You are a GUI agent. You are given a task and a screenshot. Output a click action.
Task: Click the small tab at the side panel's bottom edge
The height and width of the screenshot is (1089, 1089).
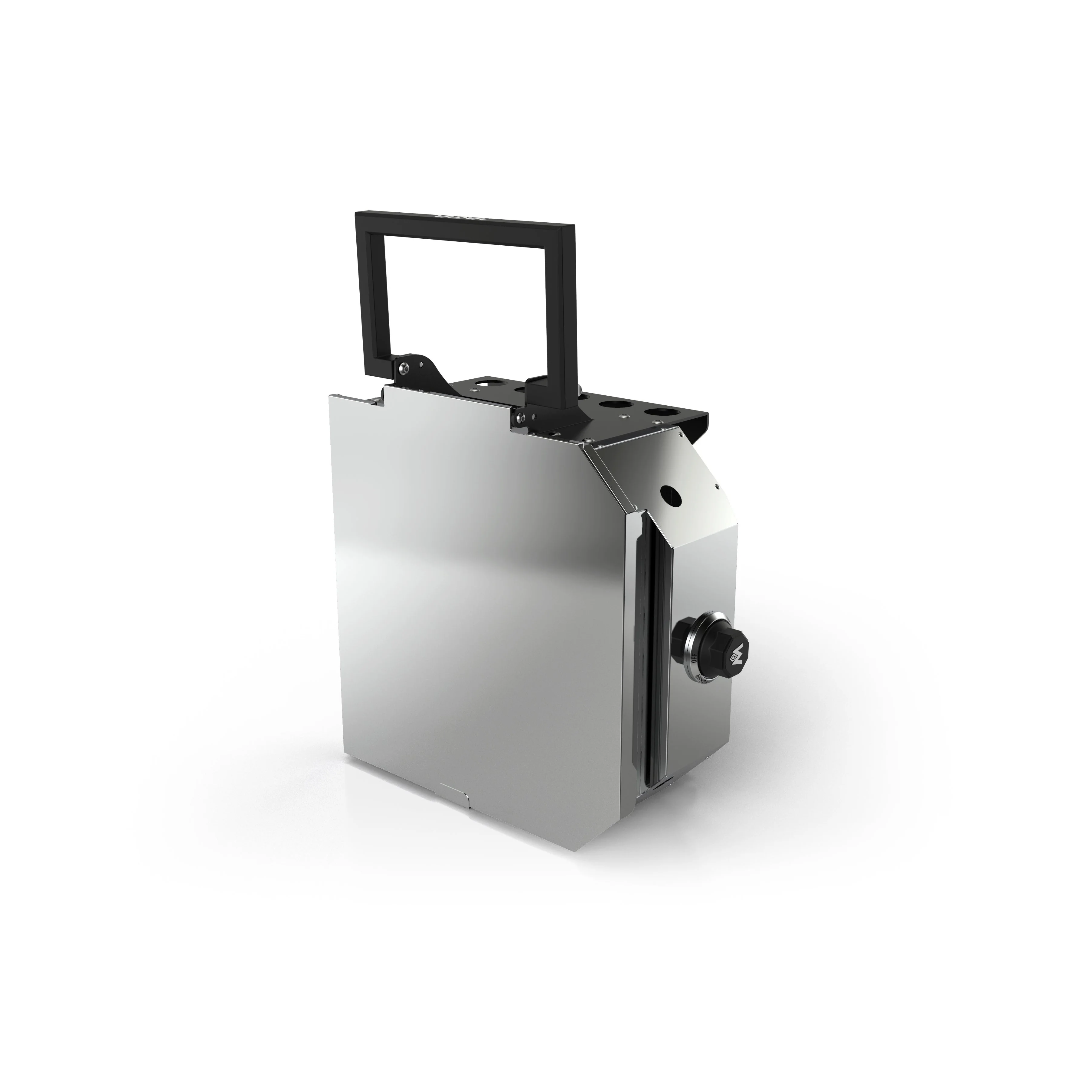[454, 787]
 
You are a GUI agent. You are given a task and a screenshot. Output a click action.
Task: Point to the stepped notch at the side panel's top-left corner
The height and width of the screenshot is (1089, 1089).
[379, 399]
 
